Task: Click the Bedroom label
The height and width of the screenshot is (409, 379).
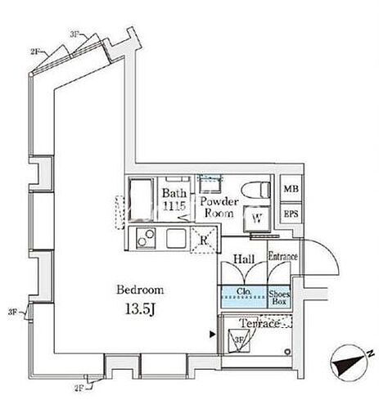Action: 140,290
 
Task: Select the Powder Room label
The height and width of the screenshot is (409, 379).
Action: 219,208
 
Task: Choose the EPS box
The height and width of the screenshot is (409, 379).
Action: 290,214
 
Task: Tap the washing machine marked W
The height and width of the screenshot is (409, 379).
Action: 256,217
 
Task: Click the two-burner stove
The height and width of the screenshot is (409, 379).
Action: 147,240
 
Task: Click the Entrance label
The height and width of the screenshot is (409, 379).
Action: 282,257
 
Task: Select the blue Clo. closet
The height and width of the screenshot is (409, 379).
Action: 242,295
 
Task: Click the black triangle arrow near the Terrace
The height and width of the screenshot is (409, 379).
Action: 213,334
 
